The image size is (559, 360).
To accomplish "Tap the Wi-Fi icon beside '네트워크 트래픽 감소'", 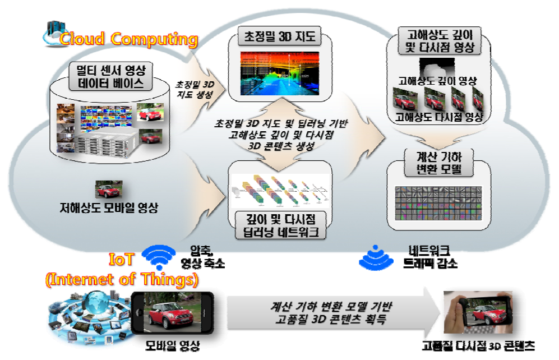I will tap(373, 256).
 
